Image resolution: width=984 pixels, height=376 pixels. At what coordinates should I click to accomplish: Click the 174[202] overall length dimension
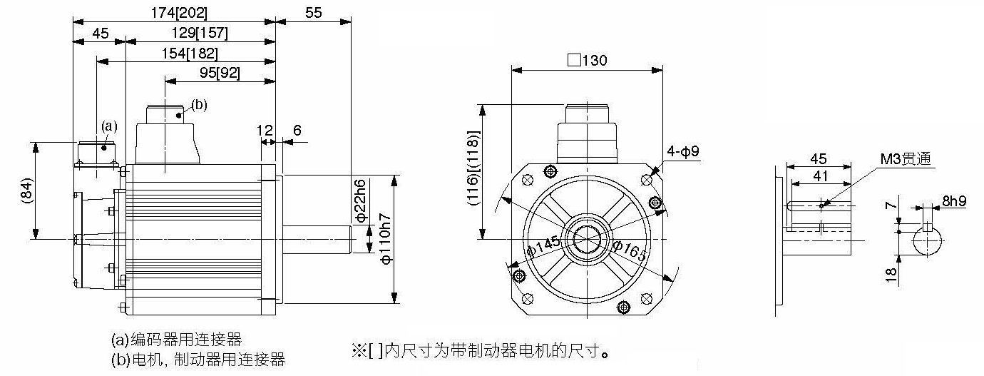179,13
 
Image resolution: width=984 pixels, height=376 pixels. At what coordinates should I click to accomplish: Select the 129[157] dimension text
200,33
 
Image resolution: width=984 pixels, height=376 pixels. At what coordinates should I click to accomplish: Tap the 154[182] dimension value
190,54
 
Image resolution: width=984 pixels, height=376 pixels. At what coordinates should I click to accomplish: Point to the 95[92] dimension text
220,73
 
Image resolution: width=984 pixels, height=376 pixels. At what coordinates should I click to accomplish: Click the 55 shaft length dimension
313,13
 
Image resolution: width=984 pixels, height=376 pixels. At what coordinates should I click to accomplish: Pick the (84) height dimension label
27,190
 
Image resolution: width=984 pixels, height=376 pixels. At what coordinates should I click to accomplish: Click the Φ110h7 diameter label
386,239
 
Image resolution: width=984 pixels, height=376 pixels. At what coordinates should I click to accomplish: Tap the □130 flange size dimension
587,60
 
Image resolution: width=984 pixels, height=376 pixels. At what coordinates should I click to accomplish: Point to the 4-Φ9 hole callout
682,152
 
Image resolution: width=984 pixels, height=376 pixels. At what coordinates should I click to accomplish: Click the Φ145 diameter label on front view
543,246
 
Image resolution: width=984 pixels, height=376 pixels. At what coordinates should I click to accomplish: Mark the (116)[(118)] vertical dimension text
473,168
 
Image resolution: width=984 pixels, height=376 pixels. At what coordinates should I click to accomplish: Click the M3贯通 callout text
906,158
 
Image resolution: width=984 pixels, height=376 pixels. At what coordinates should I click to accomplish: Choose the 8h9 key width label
954,201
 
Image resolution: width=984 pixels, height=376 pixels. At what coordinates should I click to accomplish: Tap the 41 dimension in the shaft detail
821,176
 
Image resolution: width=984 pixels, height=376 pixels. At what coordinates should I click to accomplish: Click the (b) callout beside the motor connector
199,105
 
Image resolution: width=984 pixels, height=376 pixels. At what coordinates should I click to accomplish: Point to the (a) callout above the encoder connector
109,126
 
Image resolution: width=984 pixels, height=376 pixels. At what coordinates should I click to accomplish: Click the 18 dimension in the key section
891,275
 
